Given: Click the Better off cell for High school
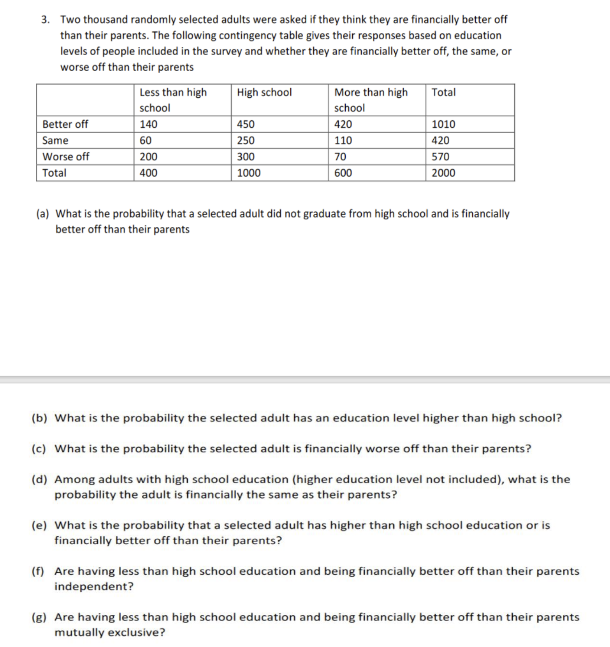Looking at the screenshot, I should point(246,124).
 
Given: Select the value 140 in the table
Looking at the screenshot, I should point(148,124).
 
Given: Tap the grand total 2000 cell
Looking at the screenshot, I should point(443,173).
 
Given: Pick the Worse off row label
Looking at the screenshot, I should point(66,156).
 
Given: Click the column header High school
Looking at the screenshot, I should point(264,92).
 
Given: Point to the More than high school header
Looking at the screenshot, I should point(371,100).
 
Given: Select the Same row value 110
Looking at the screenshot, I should point(343,141).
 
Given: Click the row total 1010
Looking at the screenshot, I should point(443,124).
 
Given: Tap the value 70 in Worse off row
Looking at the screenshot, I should point(340,156).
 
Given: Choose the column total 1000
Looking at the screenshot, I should point(249,173).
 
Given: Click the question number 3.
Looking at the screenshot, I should point(45,19).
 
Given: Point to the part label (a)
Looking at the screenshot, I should point(42,214).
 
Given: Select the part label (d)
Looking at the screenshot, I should point(39,479).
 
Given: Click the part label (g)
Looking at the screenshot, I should point(39,617).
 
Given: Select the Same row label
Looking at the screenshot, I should point(55,141).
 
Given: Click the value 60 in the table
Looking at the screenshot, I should point(146,141).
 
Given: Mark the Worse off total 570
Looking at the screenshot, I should point(440,156).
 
